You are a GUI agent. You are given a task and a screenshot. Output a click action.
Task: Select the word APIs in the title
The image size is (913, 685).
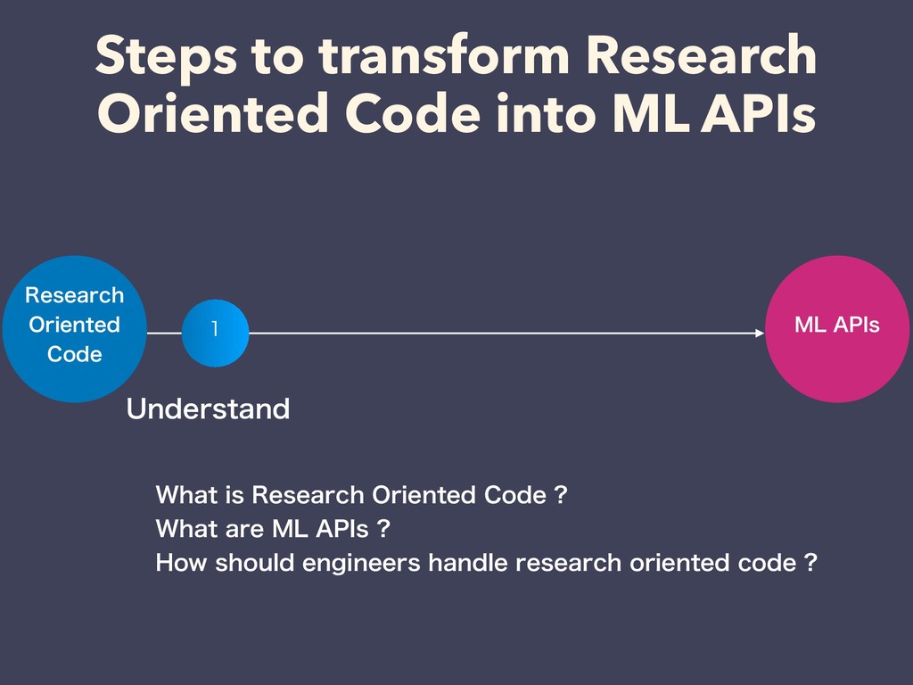coord(758,113)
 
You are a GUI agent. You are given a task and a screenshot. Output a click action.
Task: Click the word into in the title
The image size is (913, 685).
coord(547,112)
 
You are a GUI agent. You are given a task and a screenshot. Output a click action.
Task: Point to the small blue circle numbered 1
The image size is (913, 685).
coord(216,333)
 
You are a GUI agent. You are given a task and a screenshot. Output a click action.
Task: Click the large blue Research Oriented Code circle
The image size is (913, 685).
coord(75,328)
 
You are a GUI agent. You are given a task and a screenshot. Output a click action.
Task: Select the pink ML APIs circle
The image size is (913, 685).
coord(837,328)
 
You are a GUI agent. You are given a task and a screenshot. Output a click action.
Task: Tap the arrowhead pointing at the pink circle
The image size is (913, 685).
coord(760,333)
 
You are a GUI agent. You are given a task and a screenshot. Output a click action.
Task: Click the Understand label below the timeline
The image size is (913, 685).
coord(208,409)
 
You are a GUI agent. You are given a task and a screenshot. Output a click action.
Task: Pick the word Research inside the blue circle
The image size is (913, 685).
coord(75,295)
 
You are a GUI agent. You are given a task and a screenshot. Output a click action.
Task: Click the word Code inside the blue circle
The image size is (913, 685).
coord(75,354)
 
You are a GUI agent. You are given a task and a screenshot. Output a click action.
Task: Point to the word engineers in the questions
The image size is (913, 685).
coord(361,564)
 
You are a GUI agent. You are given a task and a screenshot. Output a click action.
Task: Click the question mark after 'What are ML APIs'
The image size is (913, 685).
coord(383,529)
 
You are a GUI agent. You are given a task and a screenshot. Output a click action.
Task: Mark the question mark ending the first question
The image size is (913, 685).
coord(561,495)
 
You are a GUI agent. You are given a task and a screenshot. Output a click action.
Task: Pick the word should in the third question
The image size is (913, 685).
coord(254,563)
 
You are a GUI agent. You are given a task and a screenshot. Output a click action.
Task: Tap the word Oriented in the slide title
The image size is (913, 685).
coord(213,113)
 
